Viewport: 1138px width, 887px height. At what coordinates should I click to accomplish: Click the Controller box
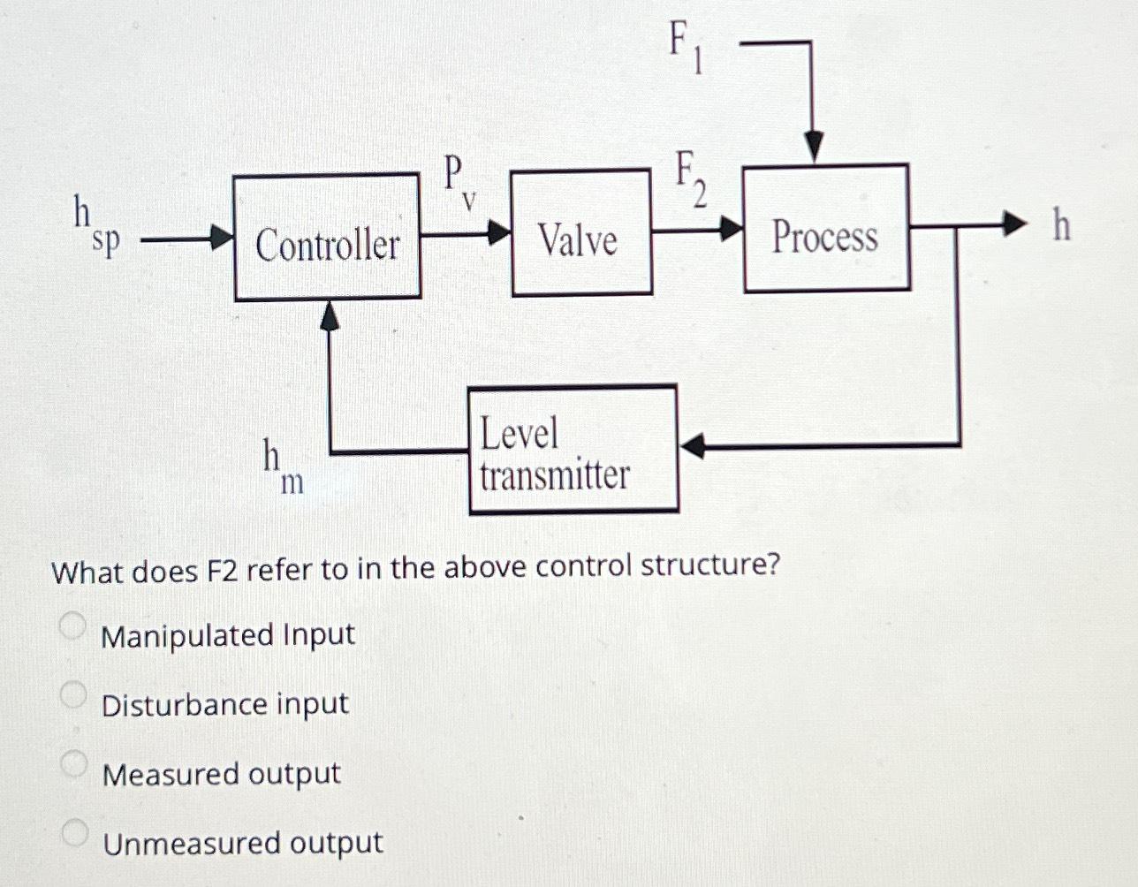(327, 238)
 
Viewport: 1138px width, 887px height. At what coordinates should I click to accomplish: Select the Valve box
(581, 232)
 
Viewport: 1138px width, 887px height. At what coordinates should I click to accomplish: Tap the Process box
(826, 228)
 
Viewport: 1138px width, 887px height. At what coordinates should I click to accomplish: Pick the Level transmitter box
(573, 449)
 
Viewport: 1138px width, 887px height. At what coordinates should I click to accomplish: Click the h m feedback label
(282, 466)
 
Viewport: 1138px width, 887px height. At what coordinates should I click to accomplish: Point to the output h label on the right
(1061, 225)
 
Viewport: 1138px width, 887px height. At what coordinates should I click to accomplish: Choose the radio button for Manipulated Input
(73, 626)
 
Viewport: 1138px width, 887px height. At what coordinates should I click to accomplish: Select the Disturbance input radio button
(73, 695)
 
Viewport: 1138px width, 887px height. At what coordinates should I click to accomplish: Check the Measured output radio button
(73, 763)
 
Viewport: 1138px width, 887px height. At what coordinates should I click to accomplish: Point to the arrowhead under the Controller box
(329, 315)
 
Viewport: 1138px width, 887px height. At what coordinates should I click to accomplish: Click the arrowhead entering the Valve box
(500, 233)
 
